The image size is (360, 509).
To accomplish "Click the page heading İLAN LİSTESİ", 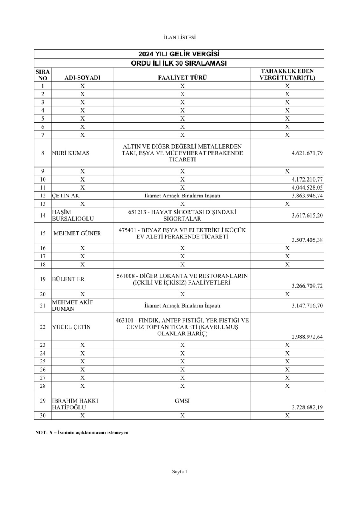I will tap(180, 37).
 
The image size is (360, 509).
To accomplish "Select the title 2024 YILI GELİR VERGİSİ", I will tap(179, 54).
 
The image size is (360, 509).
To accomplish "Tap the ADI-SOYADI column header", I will tap(82, 78).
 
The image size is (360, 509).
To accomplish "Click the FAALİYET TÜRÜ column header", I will tap(182, 78).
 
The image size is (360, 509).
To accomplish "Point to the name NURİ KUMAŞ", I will tap(70, 153).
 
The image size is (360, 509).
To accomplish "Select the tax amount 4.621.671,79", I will tap(307, 153).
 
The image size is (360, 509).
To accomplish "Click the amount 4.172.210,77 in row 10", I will tap(307, 179).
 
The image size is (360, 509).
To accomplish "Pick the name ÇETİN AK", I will tap(66, 196).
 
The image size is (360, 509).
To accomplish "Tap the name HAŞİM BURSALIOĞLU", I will tap(72, 215).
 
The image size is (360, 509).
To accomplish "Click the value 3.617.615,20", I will tap(307, 215).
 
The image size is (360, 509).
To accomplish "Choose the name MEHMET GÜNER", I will tap(77, 233).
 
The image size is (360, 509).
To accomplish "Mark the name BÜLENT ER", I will tap(68, 279).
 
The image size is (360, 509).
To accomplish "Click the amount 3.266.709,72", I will tap(307, 286).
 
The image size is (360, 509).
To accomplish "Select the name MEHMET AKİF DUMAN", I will tap(72, 305).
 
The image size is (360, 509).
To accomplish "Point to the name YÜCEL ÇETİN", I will tap(71, 327).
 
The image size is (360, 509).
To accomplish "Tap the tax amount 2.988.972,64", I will tap(307, 337).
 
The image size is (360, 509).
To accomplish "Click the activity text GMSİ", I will tap(182, 401).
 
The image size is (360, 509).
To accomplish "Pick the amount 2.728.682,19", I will tap(307, 407).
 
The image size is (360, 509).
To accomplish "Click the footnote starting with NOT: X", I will tap(82, 432).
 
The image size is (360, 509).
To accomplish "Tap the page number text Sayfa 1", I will tap(180, 472).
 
